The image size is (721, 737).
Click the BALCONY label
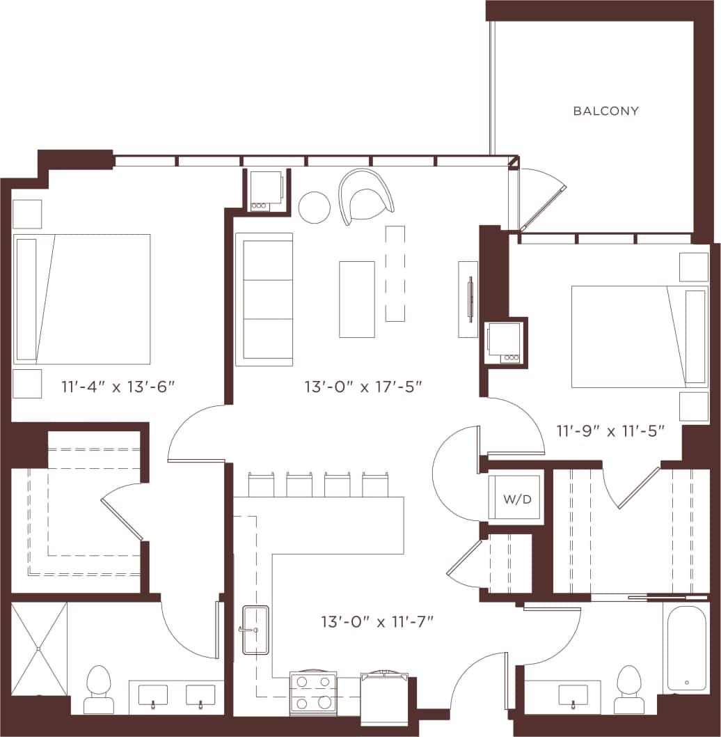(x=605, y=111)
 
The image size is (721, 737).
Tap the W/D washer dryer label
(x=515, y=499)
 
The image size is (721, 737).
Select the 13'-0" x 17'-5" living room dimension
(x=364, y=386)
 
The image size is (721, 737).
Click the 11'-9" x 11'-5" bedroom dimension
(x=610, y=431)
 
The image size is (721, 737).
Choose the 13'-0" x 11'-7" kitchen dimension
(x=377, y=621)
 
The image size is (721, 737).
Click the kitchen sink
(x=255, y=630)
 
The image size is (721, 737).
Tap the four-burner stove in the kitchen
(x=312, y=692)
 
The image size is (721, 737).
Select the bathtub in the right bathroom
(x=687, y=649)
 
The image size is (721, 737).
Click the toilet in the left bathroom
(x=98, y=690)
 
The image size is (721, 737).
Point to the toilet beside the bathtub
(x=629, y=689)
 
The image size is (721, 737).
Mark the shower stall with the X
(x=39, y=649)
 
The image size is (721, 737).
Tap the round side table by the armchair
(x=315, y=208)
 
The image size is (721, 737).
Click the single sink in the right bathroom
(x=574, y=695)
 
